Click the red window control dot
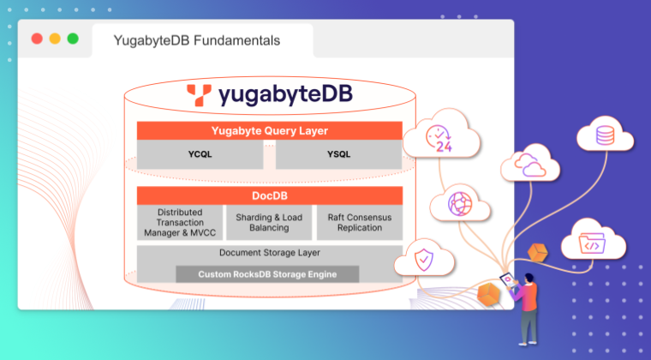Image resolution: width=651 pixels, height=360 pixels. pos(37,39)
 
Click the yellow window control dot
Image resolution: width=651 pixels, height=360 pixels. pos(55,39)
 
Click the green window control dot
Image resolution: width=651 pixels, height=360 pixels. pos(73,39)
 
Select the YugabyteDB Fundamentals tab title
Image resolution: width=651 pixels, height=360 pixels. pos(198,40)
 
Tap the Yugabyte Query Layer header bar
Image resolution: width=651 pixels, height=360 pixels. pos(269,131)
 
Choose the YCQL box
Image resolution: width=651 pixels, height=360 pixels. pos(200,155)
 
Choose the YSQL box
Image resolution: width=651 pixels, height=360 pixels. pos(338,155)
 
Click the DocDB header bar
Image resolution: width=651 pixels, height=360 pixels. pos(269,195)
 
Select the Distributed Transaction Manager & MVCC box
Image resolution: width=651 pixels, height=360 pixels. pos(179,223)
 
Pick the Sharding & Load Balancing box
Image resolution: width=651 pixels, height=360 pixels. pos(269,223)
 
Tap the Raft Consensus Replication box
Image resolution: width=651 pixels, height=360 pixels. pos(359,223)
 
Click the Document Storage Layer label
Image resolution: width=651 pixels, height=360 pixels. pos(269,253)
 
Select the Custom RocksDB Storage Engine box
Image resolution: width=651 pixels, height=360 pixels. pos(267,274)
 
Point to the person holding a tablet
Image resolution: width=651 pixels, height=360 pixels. pos(527,304)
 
